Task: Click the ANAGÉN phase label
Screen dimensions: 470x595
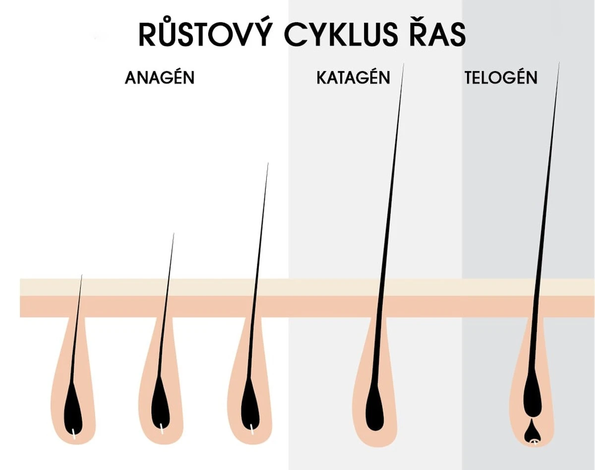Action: [x=159, y=78]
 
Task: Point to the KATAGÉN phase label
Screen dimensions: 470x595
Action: [x=353, y=78]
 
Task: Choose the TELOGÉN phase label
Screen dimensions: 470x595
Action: [x=501, y=78]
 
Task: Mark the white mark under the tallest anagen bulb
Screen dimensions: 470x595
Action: [x=251, y=427]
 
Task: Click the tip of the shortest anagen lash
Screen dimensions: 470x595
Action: [x=82, y=276]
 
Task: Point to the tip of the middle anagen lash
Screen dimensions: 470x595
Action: [x=174, y=234]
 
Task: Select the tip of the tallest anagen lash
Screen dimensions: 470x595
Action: [x=268, y=164]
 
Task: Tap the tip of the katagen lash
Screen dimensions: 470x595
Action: [x=403, y=65]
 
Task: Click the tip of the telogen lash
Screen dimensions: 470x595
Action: [x=559, y=63]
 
